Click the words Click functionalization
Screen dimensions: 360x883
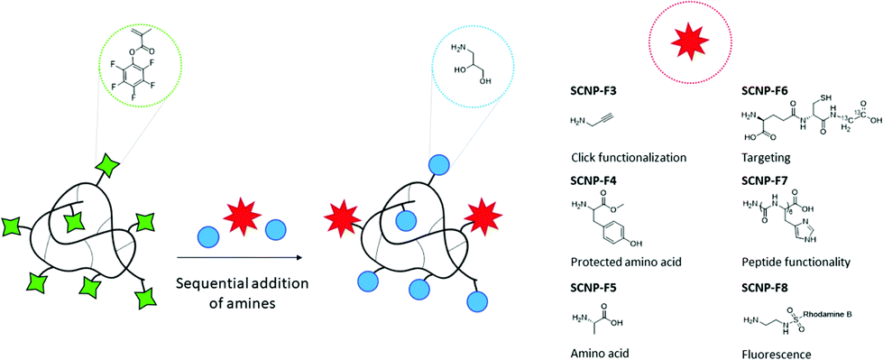(629, 157)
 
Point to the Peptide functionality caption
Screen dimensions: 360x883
(795, 261)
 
